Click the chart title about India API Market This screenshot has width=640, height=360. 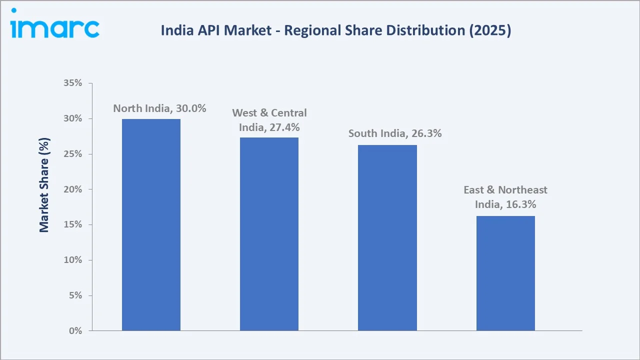coord(335,30)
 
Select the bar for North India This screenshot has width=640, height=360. coord(151,224)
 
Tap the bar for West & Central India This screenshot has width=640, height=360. coord(269,234)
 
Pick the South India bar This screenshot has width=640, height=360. coord(387,237)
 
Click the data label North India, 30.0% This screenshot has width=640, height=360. coord(159,108)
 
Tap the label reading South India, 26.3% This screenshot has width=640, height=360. coord(395,133)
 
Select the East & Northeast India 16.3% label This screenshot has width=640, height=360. coord(505,197)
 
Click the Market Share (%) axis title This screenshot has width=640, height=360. coord(44,185)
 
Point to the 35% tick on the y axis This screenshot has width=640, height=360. coord(72,83)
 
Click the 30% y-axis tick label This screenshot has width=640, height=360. coord(72,119)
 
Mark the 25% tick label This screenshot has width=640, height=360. coord(72,154)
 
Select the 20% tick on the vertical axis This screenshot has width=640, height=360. coord(72,189)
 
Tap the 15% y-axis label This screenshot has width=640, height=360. coord(72,225)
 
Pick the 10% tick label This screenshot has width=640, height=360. coord(72,260)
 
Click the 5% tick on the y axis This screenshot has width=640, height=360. coord(75,295)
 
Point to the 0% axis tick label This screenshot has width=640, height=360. coord(75,331)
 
